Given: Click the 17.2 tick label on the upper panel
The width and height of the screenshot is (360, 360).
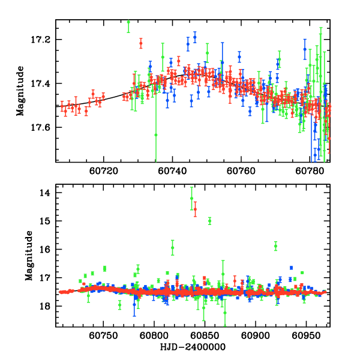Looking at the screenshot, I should click(x=44, y=40).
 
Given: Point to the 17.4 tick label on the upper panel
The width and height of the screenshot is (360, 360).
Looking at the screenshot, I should click(x=44, y=83).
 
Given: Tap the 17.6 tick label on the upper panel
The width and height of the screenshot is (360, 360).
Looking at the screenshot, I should click(x=44, y=127).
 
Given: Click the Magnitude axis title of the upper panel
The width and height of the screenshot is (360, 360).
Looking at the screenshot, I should click(x=20, y=91).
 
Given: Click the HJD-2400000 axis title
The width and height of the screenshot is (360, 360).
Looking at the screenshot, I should click(x=193, y=347).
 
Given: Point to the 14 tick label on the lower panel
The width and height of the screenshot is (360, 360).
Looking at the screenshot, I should click(x=44, y=193).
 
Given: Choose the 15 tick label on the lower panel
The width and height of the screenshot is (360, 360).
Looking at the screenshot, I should click(x=44, y=221).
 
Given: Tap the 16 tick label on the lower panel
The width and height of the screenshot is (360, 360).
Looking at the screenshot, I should click(x=44, y=249).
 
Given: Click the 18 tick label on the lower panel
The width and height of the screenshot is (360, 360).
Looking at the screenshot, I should click(x=44, y=306).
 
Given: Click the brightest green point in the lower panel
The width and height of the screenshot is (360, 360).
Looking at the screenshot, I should click(x=191, y=198).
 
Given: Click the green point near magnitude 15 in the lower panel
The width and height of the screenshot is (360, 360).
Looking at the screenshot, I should click(x=209, y=221).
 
